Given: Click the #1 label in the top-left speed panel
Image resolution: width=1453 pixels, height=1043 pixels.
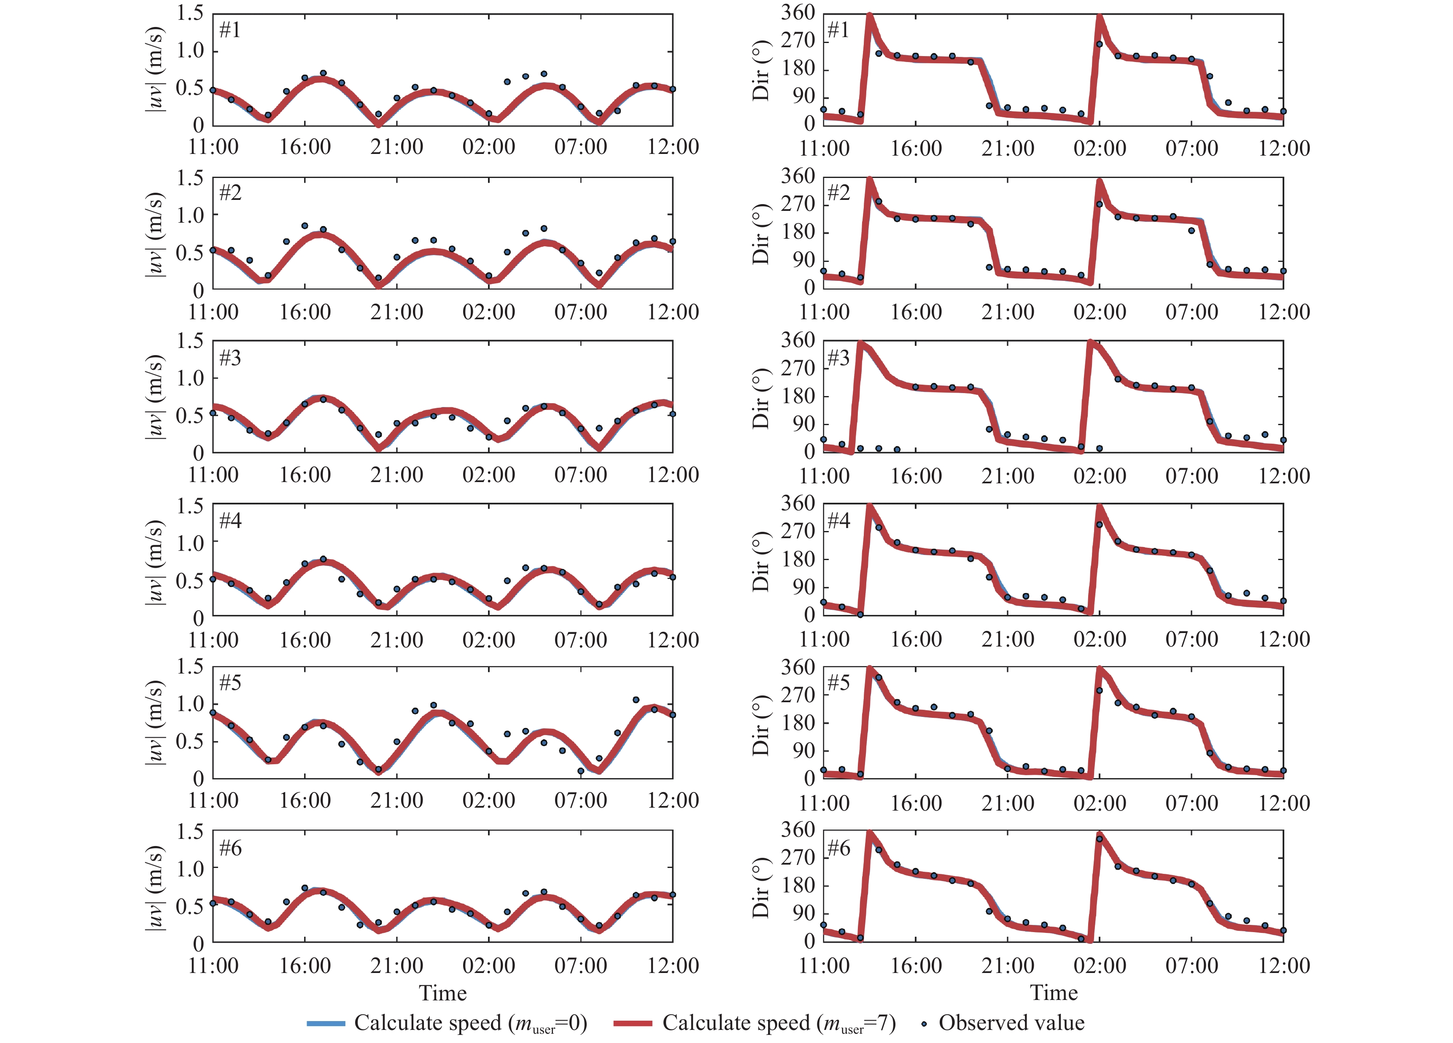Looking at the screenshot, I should (x=230, y=30).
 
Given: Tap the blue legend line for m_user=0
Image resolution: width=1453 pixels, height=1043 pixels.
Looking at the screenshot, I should (x=326, y=1023).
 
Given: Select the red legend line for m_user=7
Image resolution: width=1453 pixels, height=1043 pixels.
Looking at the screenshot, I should (x=632, y=1023).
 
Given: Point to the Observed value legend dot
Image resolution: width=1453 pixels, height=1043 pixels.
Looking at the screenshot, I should (x=924, y=1024).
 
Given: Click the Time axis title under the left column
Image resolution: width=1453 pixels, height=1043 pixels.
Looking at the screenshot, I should (x=443, y=993).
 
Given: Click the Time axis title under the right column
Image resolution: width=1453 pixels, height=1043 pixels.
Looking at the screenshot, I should (x=1054, y=993).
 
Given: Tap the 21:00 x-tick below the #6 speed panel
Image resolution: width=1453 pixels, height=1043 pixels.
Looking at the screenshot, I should (x=396, y=965).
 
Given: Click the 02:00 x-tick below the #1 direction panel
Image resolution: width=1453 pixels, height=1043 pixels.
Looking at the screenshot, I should (x=1100, y=148).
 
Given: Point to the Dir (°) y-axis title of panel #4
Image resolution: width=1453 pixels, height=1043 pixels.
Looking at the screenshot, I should (x=760, y=561).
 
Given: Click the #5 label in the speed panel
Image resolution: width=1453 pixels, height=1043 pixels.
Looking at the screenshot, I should (x=230, y=683).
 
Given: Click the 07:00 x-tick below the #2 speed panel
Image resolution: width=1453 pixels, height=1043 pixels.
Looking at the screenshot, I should (x=580, y=312).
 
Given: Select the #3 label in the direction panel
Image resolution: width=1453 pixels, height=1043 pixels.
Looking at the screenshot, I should (x=838, y=358).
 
